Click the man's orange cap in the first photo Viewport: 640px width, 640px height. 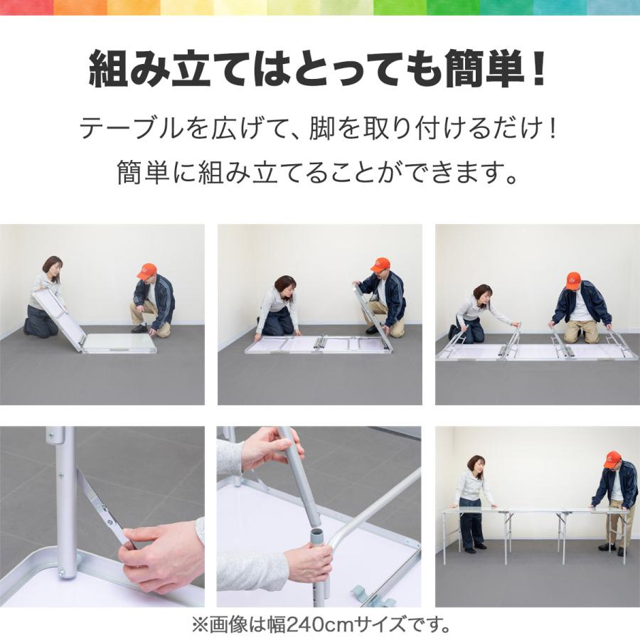point(147,270)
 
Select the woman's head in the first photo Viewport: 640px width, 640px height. point(53,266)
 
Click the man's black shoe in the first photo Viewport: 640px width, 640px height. point(140,328)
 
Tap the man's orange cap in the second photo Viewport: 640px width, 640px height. point(380,265)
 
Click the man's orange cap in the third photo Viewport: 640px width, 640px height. point(573,278)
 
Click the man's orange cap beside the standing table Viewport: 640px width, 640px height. point(612,458)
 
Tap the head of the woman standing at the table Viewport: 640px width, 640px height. point(476,464)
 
